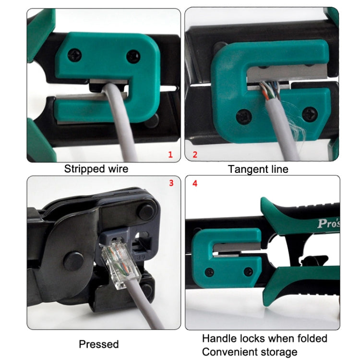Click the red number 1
pos(170,154)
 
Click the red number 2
pos(195,155)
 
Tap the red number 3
pos(171,183)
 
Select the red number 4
pos(194,183)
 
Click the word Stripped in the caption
pos(84,169)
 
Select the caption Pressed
pos(98,344)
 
